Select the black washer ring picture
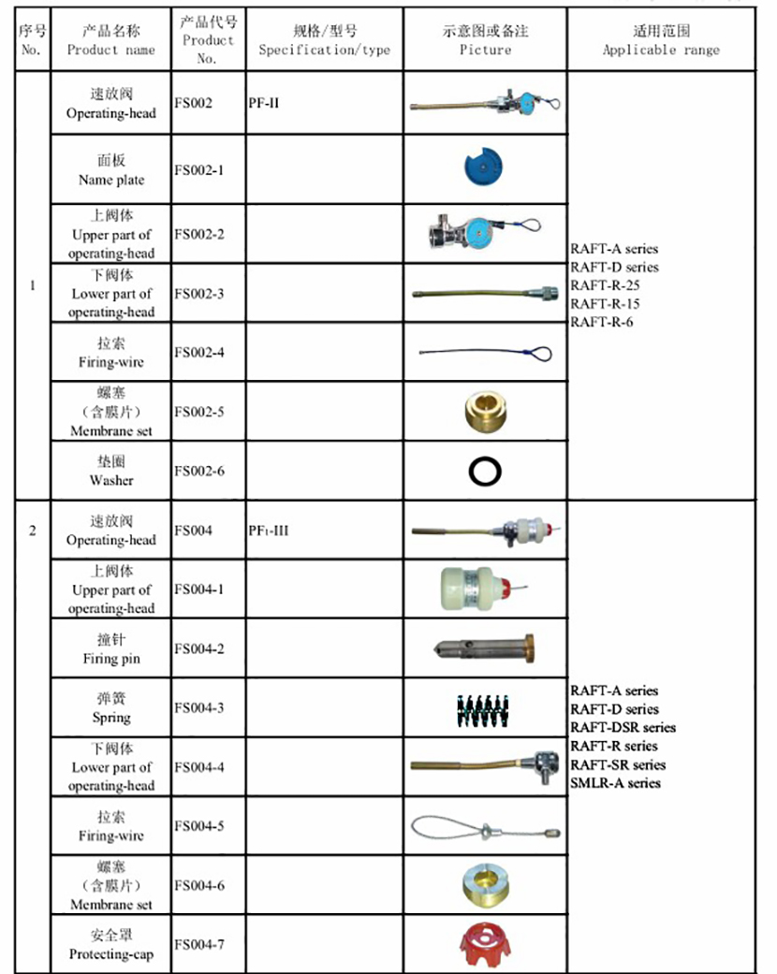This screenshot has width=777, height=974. coord(485,472)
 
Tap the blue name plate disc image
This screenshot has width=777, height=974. coord(484,168)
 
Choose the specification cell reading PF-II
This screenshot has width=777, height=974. coord(264,103)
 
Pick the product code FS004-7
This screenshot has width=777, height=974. coord(198,944)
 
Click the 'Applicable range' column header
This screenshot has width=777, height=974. coord(661,40)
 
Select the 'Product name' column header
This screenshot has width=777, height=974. coord(110,40)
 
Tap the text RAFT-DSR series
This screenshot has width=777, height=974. coord(623,727)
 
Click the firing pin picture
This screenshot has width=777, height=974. coord(485,648)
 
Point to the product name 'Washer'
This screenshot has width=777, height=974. coord(111,480)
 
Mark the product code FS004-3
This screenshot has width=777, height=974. coord(198,707)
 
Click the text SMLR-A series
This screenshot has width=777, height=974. coord(615,783)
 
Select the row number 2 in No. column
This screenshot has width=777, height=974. coord(33,531)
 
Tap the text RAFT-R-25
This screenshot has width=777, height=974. coord(605,285)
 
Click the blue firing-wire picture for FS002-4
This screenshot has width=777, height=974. coord(485,354)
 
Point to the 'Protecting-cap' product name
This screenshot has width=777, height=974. coord(111,954)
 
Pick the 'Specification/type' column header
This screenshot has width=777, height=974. coord(324,40)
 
